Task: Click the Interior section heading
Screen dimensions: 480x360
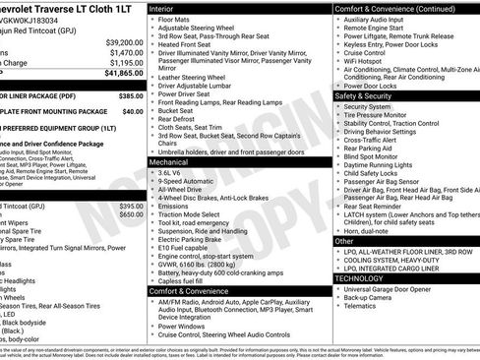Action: coord(168,8)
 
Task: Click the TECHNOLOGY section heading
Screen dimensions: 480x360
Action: coord(366,278)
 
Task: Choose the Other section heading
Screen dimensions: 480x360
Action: coord(344,240)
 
